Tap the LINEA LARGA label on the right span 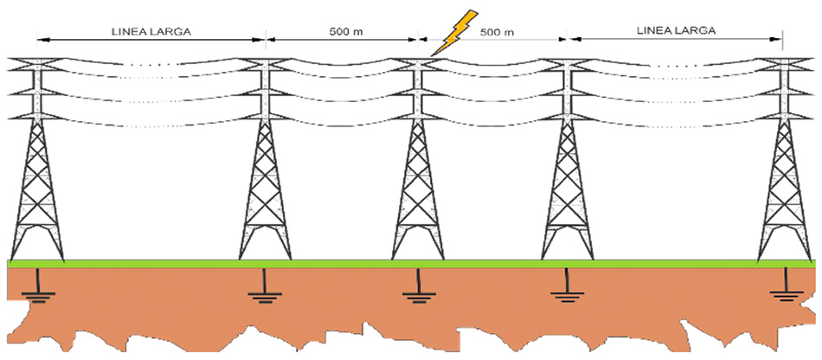point(676,30)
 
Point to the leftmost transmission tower point(38,164)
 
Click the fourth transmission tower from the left point(568,164)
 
